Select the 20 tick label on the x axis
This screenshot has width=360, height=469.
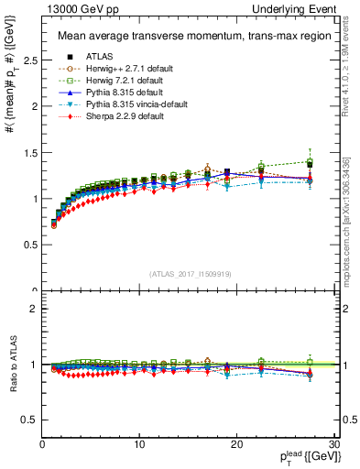coord(236,444)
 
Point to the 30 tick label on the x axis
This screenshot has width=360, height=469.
coord(333,444)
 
